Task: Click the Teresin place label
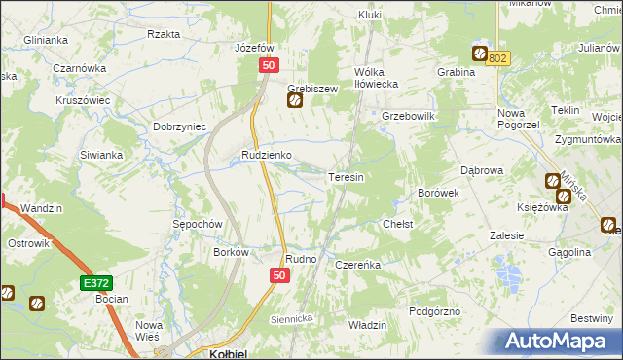point(346,178)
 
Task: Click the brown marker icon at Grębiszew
point(295,99)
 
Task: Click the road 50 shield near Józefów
point(270,64)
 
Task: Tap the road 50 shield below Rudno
point(279,277)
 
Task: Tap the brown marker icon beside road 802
point(480,54)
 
